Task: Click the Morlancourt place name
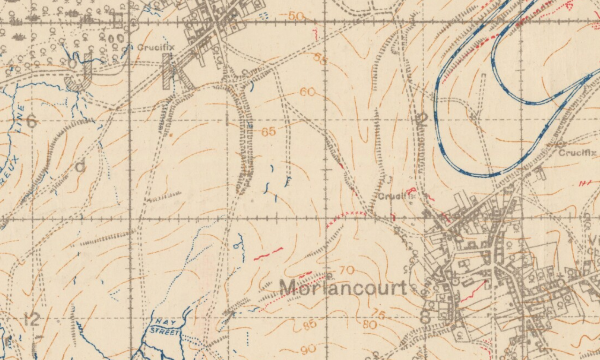[343, 288]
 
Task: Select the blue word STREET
[165, 331]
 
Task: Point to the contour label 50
[296, 16]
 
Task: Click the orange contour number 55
[320, 58]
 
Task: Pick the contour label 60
[307, 92]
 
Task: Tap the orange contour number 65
[268, 132]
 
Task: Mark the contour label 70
[347, 270]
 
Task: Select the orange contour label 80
[370, 324]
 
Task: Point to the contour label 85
[309, 325]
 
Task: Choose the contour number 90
[308, 349]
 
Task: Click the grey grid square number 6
[31, 122]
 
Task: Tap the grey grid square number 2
[422, 120]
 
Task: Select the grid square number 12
[31, 320]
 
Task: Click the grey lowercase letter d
[80, 166]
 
